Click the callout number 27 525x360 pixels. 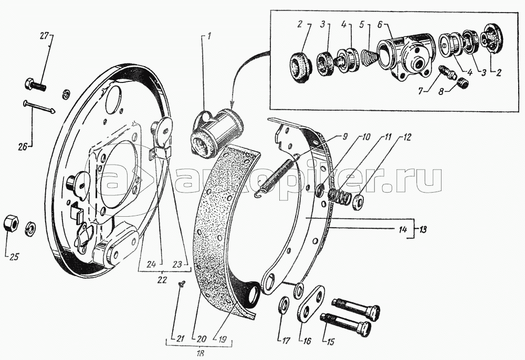(44, 36)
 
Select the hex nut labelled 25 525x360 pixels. (10, 223)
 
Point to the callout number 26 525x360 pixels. (23, 146)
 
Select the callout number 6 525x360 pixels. (380, 25)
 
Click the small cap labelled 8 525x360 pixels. (464, 82)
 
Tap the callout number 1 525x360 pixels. (209, 36)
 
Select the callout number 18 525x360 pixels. (201, 353)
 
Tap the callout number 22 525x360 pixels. (162, 280)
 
